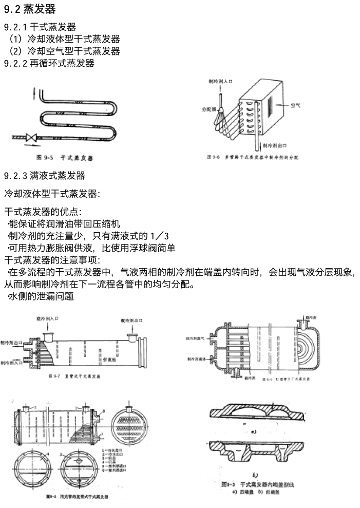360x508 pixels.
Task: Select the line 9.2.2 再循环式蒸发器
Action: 49,63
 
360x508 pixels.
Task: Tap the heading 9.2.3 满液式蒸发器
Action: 45,176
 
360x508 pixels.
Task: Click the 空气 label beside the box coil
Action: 296,105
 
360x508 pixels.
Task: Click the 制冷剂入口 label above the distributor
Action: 220,81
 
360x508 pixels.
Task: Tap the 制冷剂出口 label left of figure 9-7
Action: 11,342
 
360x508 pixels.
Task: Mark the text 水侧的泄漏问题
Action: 41,296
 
